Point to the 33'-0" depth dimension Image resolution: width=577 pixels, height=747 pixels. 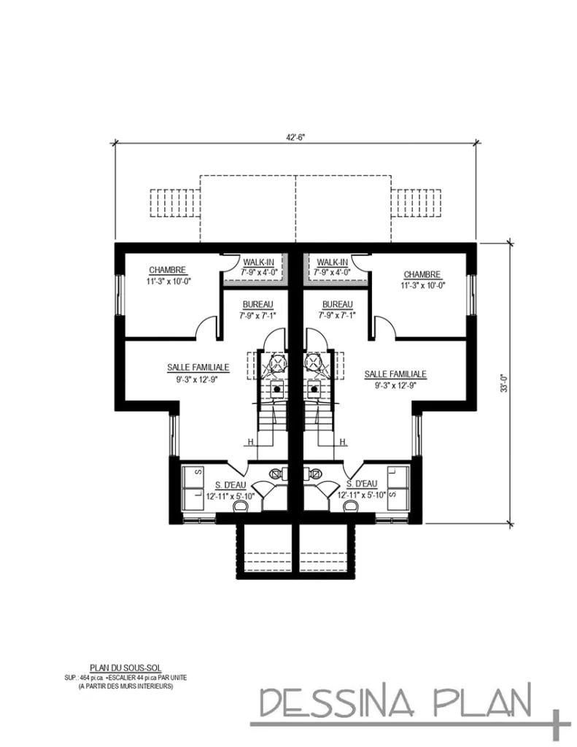coord(503,383)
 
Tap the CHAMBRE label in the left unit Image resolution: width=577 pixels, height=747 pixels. coord(167,269)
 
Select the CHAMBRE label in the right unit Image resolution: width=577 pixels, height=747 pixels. coord(422,274)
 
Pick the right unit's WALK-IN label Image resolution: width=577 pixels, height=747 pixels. coord(333,262)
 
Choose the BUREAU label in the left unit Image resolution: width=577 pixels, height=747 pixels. coord(257,304)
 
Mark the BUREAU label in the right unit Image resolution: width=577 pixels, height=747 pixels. coord(337,304)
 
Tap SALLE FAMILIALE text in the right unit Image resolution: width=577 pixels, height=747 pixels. coord(395,373)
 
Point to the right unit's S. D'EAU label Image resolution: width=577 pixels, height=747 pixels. coord(361,484)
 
